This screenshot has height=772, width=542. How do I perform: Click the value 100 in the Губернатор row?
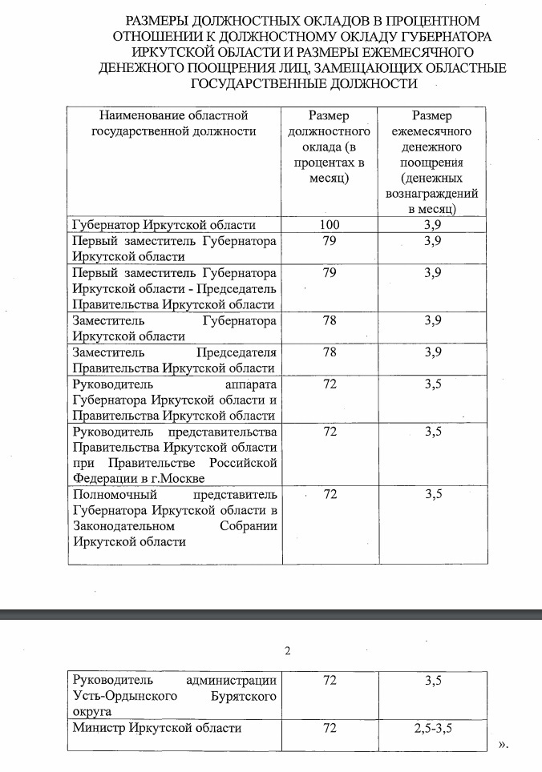[x=330, y=225]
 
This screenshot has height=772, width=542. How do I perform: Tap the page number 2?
[x=288, y=650]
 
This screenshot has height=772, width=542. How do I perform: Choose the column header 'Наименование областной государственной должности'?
[x=175, y=123]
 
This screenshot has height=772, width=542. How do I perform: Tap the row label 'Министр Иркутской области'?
[x=157, y=729]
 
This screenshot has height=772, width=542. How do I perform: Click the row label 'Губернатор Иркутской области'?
[x=164, y=225]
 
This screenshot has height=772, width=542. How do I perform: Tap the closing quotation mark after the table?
[x=503, y=745]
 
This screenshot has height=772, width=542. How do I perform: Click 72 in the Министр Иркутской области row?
[x=330, y=729]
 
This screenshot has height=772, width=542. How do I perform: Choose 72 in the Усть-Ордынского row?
[x=330, y=681]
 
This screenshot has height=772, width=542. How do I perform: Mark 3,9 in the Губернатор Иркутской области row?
[x=433, y=225]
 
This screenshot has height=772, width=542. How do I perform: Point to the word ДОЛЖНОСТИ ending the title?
[x=375, y=82]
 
